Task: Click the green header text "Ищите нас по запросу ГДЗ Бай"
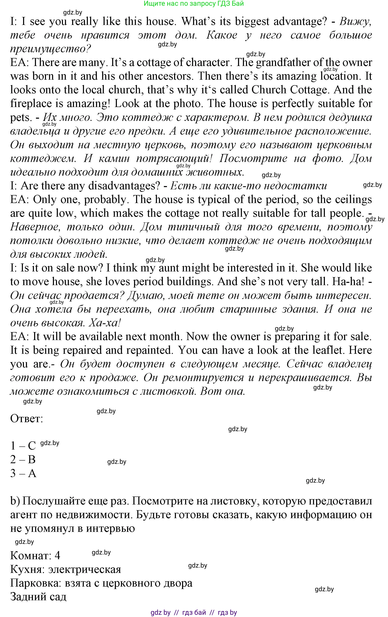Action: (194, 4)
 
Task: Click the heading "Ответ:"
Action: (26, 419)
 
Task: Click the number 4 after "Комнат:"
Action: (57, 556)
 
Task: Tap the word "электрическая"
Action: (84, 569)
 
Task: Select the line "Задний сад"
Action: (38, 597)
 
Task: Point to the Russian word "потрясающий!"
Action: (174, 159)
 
